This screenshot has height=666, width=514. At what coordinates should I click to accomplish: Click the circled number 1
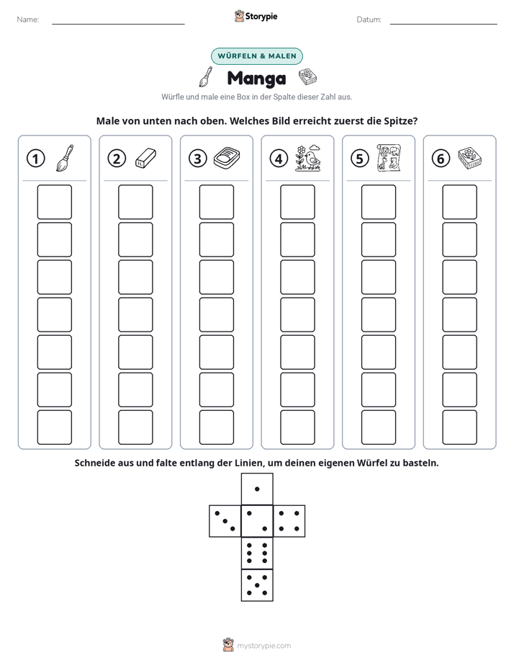coord(35,159)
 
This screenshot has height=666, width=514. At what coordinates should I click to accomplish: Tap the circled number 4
coord(279,159)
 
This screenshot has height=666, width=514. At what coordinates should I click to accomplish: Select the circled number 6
coord(441,159)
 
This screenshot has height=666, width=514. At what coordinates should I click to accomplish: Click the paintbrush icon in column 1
coord(65,158)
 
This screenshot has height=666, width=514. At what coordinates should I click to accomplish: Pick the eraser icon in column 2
coord(145,158)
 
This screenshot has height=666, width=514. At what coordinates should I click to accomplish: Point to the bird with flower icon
coord(308,158)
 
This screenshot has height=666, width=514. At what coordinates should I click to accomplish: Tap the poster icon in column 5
coord(389,158)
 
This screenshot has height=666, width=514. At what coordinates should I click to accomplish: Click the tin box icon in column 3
coord(227,158)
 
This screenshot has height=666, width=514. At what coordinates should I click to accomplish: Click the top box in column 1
coord(54,202)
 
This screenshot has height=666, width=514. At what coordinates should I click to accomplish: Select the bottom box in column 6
coord(459,427)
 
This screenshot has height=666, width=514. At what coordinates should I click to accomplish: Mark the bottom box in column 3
coord(216,427)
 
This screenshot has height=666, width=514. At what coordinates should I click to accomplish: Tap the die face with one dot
coord(257,489)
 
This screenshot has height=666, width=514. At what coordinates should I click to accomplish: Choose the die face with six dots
coord(257,553)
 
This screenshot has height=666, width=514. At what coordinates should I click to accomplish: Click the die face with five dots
coord(257,585)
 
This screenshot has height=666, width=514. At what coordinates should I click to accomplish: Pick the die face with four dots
coord(289,521)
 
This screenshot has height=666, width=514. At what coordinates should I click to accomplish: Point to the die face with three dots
coord(225,521)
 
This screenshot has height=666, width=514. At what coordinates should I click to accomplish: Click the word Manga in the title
coord(256,78)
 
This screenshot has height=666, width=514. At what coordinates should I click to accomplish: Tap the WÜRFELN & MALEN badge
coord(257,56)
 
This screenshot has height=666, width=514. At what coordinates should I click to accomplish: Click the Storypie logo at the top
coord(256,16)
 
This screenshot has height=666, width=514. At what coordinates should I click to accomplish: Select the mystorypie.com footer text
coord(263,646)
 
